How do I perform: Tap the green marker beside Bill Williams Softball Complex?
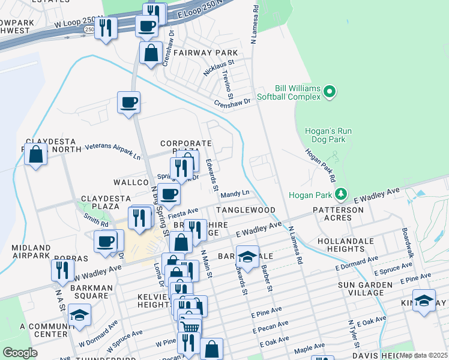(x=329, y=92)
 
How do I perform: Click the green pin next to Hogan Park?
(x=341, y=194)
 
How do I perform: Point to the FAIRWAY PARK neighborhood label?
(x=196, y=53)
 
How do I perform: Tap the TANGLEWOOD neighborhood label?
(x=246, y=210)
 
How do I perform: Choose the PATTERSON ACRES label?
(x=337, y=214)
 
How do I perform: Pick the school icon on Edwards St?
(x=247, y=256)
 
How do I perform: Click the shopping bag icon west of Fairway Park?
(x=151, y=52)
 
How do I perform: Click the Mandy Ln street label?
(x=235, y=194)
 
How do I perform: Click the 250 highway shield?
(x=89, y=29)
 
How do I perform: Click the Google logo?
(x=20, y=353)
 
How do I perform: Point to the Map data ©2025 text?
(x=423, y=355)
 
